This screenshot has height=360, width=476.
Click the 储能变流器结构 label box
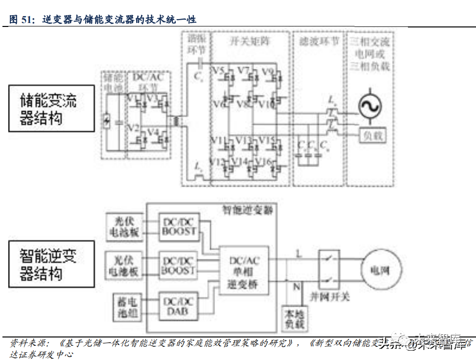coord(51,108)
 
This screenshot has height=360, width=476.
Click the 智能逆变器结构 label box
coord(51,264)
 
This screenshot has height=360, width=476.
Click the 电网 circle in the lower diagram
coord(381,270)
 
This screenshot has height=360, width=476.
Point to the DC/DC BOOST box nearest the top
coord(179,226)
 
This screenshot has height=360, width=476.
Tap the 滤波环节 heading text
coord(319,41)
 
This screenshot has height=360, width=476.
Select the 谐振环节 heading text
coord(196,44)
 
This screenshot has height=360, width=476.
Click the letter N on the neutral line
coord(296,286)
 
